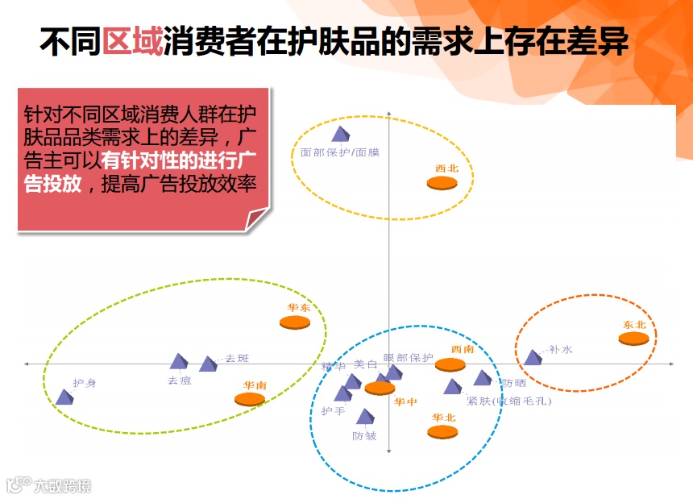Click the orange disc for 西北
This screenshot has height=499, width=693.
(442, 183)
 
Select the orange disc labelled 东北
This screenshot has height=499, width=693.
(633, 338)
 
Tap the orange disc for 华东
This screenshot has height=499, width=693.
(295, 322)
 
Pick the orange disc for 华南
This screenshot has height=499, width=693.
(250, 398)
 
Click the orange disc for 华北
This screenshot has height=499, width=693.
(442, 431)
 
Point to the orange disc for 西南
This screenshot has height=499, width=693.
(450, 364)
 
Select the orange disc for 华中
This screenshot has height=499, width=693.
(380, 388)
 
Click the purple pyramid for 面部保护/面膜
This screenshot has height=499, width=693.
(341, 134)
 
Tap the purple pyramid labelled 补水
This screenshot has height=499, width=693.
(533, 356)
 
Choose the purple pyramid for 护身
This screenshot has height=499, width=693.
(64, 396)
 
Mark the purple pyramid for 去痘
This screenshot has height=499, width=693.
(178, 362)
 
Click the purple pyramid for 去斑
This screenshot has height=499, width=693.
(208, 364)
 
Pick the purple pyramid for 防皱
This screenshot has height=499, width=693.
(365, 416)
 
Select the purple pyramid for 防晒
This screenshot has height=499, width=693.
(482, 377)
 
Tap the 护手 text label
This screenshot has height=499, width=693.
(333, 411)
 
